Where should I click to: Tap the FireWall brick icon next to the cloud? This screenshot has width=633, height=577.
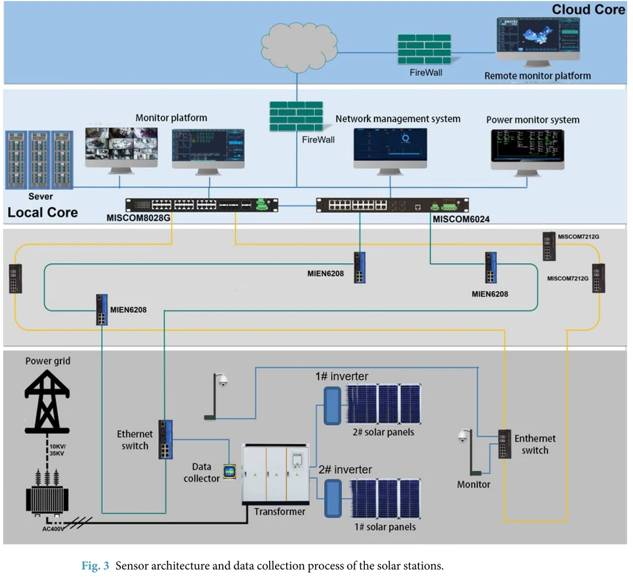424,50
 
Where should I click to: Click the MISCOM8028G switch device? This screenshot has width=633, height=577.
202,205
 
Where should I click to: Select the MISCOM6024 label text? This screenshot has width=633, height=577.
461,219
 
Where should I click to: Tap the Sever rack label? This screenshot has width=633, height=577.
41,196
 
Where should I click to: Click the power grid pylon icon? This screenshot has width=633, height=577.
47,401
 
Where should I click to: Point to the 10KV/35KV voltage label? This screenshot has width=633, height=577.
57,450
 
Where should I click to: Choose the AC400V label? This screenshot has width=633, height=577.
53,529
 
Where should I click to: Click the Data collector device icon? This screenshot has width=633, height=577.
230,472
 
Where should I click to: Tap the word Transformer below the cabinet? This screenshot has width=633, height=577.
279,512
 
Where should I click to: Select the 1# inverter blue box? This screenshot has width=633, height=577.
333,406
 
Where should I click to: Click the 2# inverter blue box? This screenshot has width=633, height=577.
333,498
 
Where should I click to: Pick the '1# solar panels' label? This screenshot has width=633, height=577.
385,527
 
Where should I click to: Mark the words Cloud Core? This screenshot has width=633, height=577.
588,10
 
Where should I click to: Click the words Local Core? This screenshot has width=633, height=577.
42,213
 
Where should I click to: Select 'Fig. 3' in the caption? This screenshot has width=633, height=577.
95,566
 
